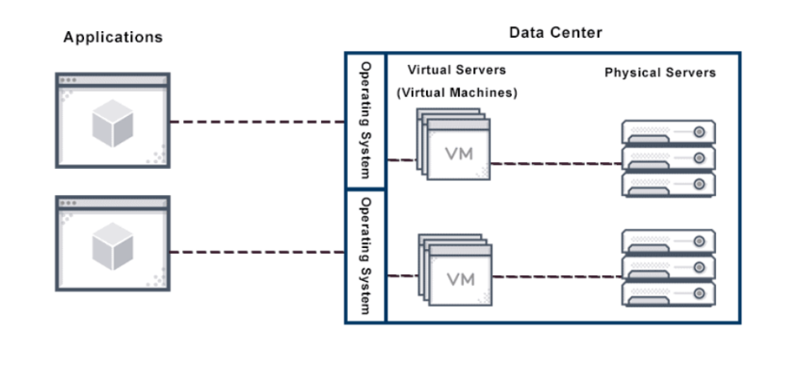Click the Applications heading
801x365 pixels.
112,38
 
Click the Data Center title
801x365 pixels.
555,33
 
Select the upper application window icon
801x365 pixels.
112,121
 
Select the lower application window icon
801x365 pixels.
112,243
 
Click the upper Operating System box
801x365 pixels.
366,120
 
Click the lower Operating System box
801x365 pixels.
366,256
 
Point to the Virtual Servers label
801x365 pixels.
456,71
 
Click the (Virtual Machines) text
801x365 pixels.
456,92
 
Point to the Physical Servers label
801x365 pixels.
660,73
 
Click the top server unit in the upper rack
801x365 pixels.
668,132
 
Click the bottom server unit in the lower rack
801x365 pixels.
668,293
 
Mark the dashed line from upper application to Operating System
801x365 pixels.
257,122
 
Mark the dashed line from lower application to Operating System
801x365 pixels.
257,252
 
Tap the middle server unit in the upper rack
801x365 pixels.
668,158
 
